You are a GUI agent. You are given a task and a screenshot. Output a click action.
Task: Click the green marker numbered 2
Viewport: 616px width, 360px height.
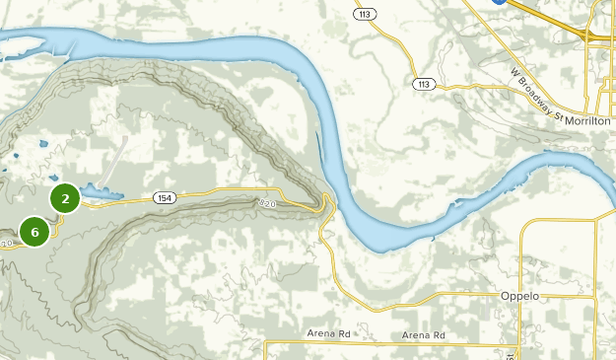(x=65, y=199)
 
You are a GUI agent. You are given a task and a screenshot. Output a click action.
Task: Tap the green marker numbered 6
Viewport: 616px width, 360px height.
(x=34, y=233)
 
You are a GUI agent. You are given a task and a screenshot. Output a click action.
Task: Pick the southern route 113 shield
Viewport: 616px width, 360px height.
(x=424, y=84)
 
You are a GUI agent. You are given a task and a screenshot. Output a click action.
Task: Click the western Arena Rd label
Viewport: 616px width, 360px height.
(x=328, y=334)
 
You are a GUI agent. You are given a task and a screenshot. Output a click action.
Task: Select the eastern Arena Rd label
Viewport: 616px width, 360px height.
(x=424, y=336)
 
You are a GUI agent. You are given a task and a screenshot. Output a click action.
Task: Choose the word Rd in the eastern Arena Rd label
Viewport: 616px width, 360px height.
(x=437, y=336)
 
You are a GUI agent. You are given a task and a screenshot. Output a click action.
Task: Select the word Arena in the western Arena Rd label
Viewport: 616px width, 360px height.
(x=321, y=334)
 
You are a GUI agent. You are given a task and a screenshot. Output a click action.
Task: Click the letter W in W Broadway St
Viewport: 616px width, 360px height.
(x=514, y=73)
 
